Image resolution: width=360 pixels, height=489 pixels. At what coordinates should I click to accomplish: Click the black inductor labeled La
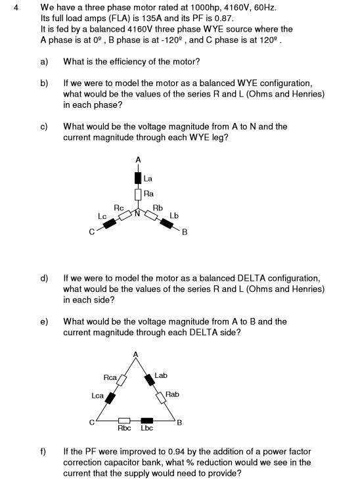point(138,177)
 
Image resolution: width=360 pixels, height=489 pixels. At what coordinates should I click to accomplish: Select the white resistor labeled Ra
point(138,194)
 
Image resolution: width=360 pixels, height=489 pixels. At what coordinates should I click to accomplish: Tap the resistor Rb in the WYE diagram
point(152,216)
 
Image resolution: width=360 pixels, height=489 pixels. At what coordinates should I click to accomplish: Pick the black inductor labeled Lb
point(166,223)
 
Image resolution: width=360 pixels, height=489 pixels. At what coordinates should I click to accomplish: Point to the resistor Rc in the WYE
point(125,216)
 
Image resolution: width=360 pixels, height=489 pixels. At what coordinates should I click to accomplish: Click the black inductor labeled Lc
point(110,223)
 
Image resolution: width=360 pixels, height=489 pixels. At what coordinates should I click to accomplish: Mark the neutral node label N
point(137,214)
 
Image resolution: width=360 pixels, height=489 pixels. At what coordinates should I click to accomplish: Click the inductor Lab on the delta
point(150,379)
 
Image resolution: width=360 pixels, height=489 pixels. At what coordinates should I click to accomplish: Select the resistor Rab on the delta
point(161,398)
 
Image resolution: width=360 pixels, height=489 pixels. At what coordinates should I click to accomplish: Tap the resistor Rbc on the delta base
point(124,421)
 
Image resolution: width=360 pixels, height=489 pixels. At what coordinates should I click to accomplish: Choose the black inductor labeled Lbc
point(146,421)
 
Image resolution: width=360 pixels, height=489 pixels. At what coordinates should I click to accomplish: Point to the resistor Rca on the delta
point(122,380)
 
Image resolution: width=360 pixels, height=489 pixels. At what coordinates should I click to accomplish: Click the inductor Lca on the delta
point(110,398)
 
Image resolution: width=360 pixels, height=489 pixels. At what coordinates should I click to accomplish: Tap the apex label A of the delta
point(135,354)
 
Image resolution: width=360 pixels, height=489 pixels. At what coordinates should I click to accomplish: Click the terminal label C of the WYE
point(91,232)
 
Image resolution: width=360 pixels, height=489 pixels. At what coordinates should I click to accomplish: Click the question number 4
point(16,7)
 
